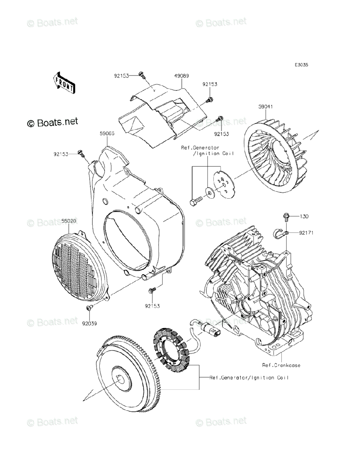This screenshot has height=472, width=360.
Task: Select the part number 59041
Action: click(x=266, y=107)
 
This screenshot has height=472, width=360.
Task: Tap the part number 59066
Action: click(x=107, y=133)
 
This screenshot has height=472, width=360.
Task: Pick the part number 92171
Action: click(x=305, y=233)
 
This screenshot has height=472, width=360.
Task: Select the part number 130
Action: click(x=304, y=216)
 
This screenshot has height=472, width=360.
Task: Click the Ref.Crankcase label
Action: click(x=281, y=365)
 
